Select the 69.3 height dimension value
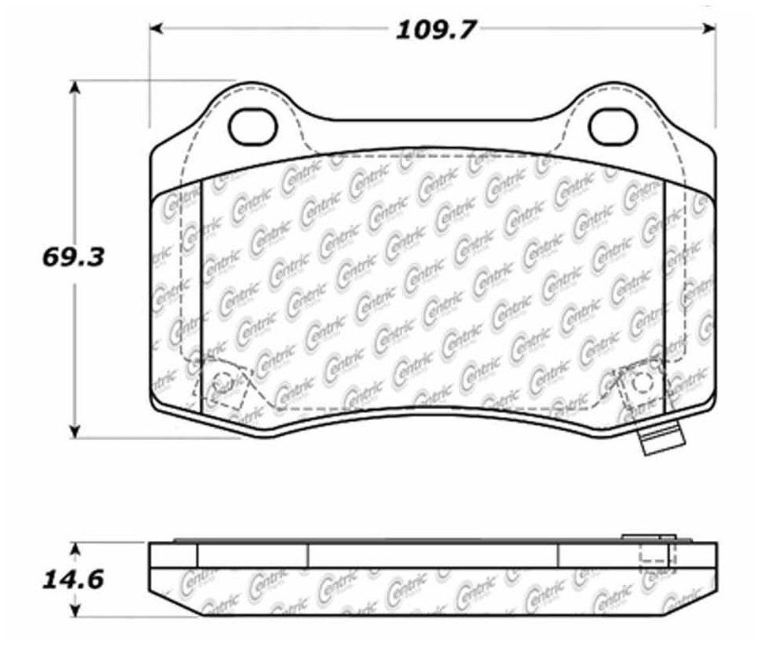coord(73,257)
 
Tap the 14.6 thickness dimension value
coord(73,580)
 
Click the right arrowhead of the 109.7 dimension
coord(709,28)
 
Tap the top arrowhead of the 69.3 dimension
coord(74,88)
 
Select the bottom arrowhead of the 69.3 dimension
coord(74,431)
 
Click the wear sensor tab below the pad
coord(662,438)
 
